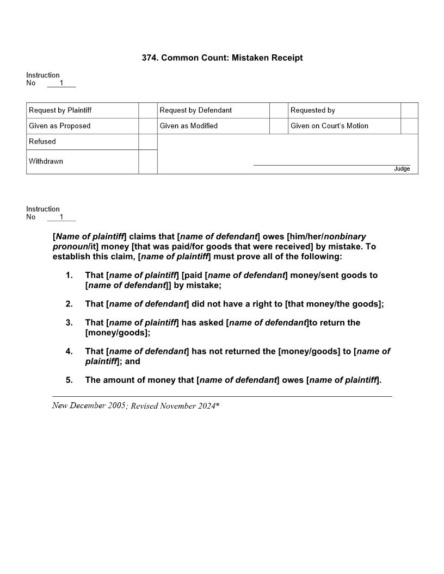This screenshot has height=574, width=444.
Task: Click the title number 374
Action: click(x=150, y=58)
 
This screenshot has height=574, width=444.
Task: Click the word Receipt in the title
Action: click(x=286, y=58)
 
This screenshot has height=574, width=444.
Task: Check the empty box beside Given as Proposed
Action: click(x=148, y=126)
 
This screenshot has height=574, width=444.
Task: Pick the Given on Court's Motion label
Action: click(x=329, y=126)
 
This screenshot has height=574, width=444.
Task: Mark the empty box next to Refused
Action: click(x=148, y=142)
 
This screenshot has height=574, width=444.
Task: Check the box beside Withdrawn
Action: click(x=148, y=161)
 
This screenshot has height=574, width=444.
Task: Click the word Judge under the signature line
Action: click(x=402, y=169)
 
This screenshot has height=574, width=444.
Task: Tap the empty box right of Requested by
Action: click(x=409, y=110)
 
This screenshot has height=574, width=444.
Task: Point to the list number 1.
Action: click(x=69, y=275)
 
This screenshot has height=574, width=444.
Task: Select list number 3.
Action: click(x=69, y=322)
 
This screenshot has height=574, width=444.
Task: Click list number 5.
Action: click(x=69, y=380)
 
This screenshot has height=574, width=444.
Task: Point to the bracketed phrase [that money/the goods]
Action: click(x=333, y=304)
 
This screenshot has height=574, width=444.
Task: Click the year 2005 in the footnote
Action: click(x=116, y=405)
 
